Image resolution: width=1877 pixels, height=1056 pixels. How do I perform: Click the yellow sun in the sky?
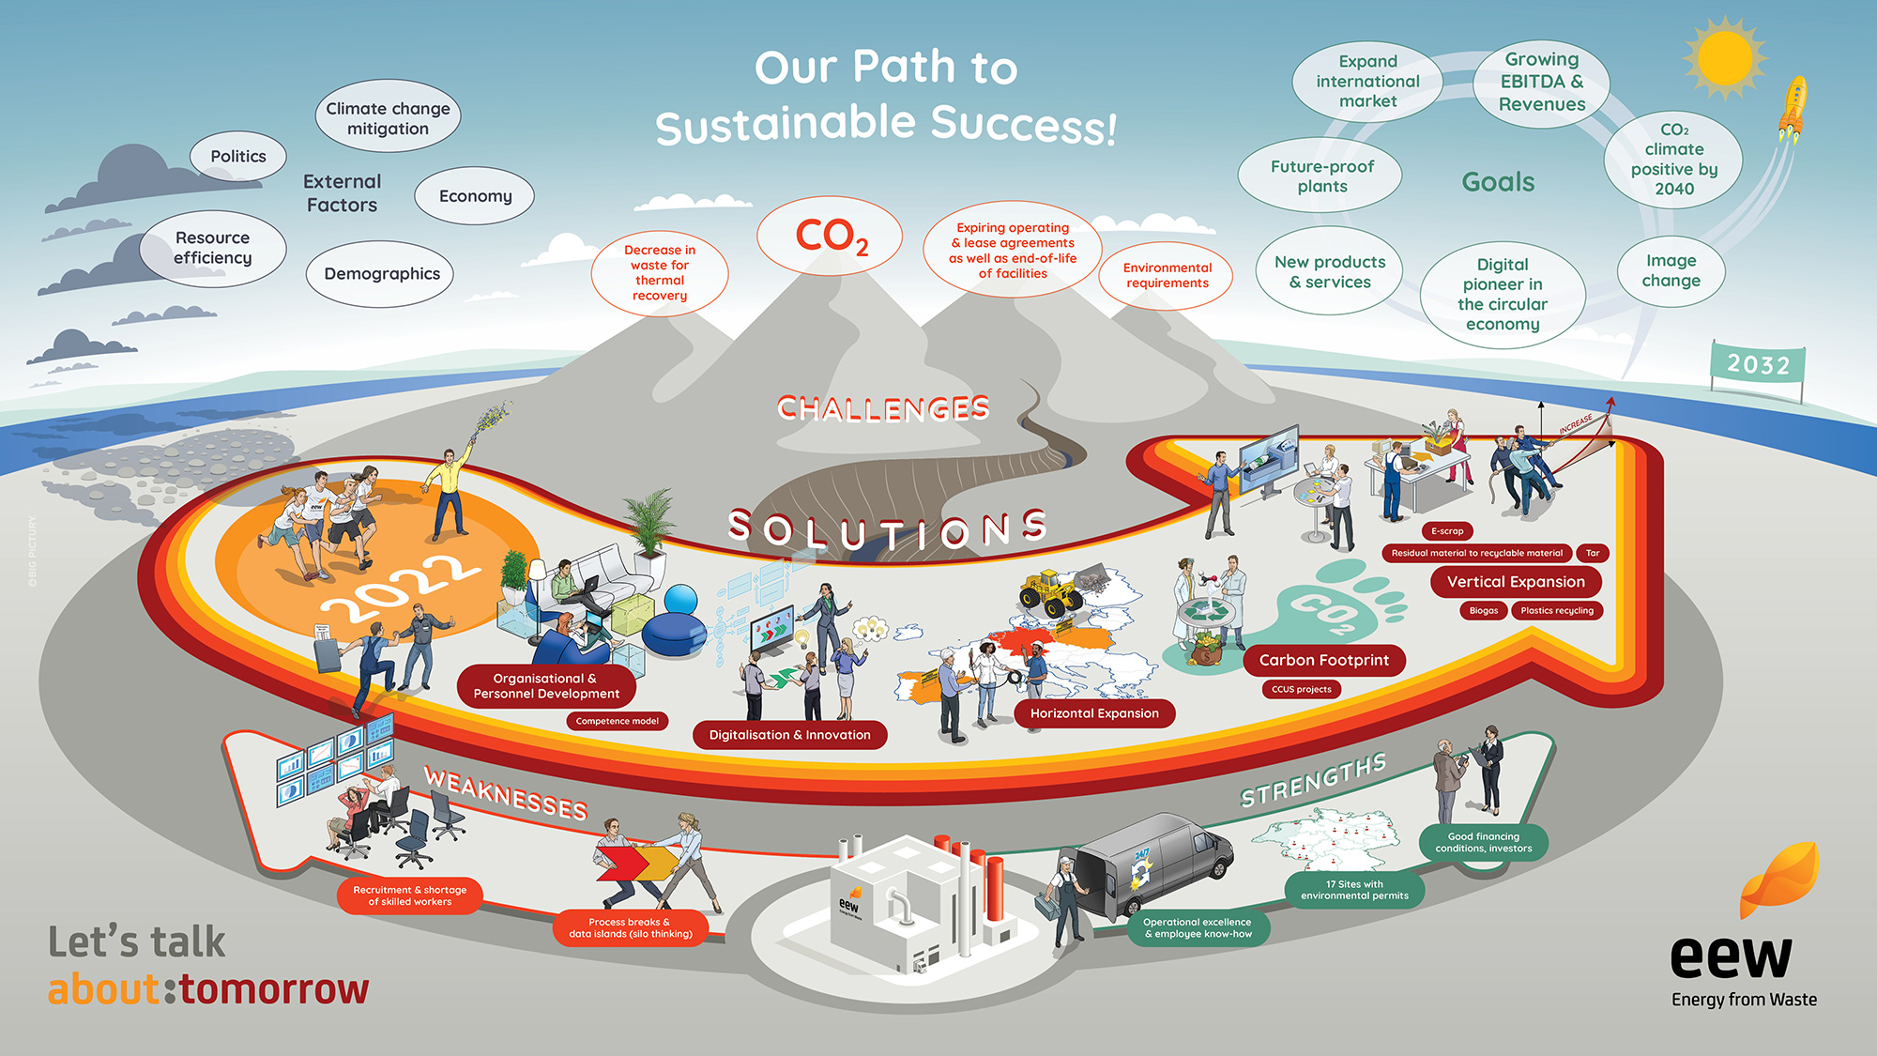1725,57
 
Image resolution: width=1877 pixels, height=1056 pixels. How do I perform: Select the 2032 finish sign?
1758,364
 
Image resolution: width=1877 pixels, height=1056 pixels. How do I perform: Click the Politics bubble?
238,157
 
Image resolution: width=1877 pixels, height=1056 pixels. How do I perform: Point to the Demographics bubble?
381,274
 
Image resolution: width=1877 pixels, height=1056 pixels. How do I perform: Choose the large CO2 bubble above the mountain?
831,237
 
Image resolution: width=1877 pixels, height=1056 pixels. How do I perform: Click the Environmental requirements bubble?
1167,275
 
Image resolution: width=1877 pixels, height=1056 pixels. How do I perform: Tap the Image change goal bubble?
1671,270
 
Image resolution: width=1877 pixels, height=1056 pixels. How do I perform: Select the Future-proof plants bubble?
1321,176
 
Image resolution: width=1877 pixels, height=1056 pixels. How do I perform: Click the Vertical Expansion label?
1516,582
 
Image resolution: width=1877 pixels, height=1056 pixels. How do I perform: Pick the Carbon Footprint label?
1323,661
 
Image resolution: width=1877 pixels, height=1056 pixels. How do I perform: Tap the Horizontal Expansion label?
1094,713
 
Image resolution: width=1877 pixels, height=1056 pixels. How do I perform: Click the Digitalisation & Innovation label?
789,735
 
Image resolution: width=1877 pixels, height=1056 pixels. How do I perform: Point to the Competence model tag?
617,721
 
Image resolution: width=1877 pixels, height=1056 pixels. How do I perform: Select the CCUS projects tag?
1301,689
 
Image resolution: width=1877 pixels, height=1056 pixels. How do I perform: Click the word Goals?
1498,182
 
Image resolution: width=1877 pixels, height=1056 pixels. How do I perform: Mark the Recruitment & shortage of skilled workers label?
410,895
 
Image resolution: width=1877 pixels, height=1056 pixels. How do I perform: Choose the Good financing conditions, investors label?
1483,842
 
